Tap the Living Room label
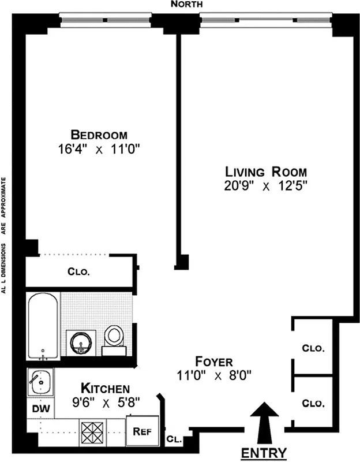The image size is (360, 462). pyautogui.click(x=266, y=172)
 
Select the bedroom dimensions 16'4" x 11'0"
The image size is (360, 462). pyautogui.click(x=96, y=148)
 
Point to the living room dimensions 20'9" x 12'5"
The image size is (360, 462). pyautogui.click(x=266, y=186)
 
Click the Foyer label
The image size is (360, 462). pyautogui.click(x=213, y=362)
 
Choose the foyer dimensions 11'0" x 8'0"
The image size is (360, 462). pyautogui.click(x=213, y=375)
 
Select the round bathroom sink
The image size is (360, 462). pyautogui.click(x=82, y=342)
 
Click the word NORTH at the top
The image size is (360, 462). pyautogui.click(x=187, y=5)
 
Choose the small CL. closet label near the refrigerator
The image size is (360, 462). pyautogui.click(x=174, y=439)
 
